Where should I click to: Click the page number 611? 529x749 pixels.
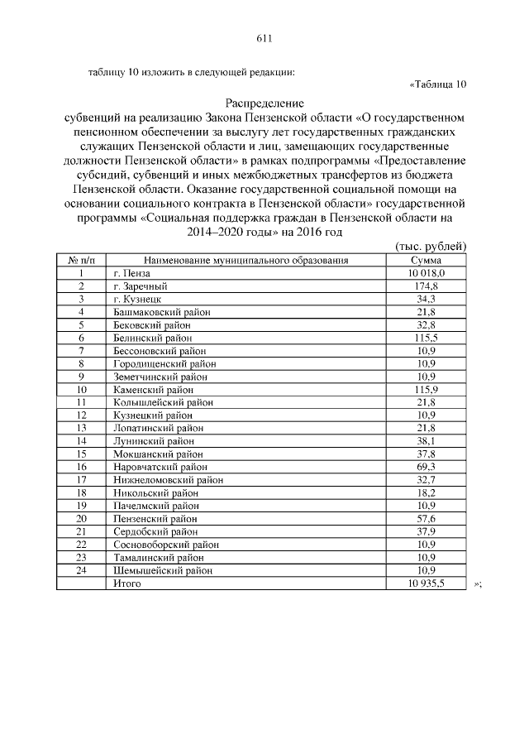click(264, 39)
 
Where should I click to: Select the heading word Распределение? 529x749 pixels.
click(264, 104)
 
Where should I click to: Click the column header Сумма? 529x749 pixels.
click(426, 260)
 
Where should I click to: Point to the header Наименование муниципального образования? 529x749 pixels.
click(245, 260)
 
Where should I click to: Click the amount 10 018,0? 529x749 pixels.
click(426, 272)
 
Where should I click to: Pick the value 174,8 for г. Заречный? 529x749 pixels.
click(426, 286)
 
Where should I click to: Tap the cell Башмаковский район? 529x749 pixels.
click(161, 311)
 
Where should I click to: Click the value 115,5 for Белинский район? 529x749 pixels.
click(426, 338)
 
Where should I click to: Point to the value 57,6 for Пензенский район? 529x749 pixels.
click(426, 519)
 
